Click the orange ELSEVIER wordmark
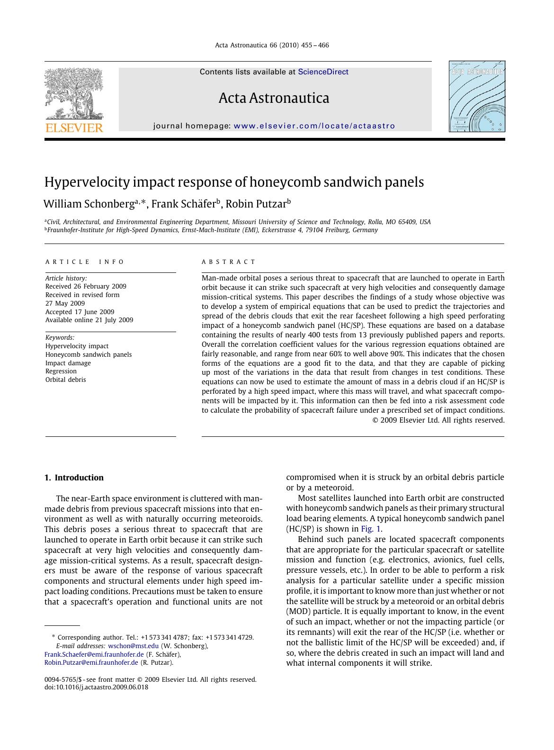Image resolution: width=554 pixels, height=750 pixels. (74, 128)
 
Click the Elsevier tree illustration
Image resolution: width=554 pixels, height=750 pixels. (74, 93)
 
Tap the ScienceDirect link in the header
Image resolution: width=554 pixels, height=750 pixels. (323, 72)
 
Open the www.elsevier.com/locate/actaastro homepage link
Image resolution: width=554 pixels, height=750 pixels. (314, 126)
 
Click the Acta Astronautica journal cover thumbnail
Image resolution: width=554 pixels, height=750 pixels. (477, 97)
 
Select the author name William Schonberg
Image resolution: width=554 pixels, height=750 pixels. (89, 204)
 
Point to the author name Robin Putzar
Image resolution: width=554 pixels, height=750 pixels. (256, 204)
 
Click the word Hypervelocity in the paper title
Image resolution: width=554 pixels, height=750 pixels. (87, 182)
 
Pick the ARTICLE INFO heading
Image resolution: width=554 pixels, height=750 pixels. (85, 262)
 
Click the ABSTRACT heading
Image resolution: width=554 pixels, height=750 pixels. (228, 262)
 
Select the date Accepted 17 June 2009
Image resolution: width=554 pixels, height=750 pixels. (80, 312)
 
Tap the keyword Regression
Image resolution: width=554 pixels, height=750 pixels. (61, 371)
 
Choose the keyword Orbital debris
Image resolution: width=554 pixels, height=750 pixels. (65, 380)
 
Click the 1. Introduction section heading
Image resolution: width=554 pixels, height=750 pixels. (74, 478)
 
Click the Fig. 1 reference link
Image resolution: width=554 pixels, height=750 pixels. (371, 529)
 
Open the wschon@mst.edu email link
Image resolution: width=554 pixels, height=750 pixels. (133, 646)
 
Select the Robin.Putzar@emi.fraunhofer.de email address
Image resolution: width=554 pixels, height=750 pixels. (91, 662)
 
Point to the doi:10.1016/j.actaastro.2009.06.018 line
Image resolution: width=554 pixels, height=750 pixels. (96, 687)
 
